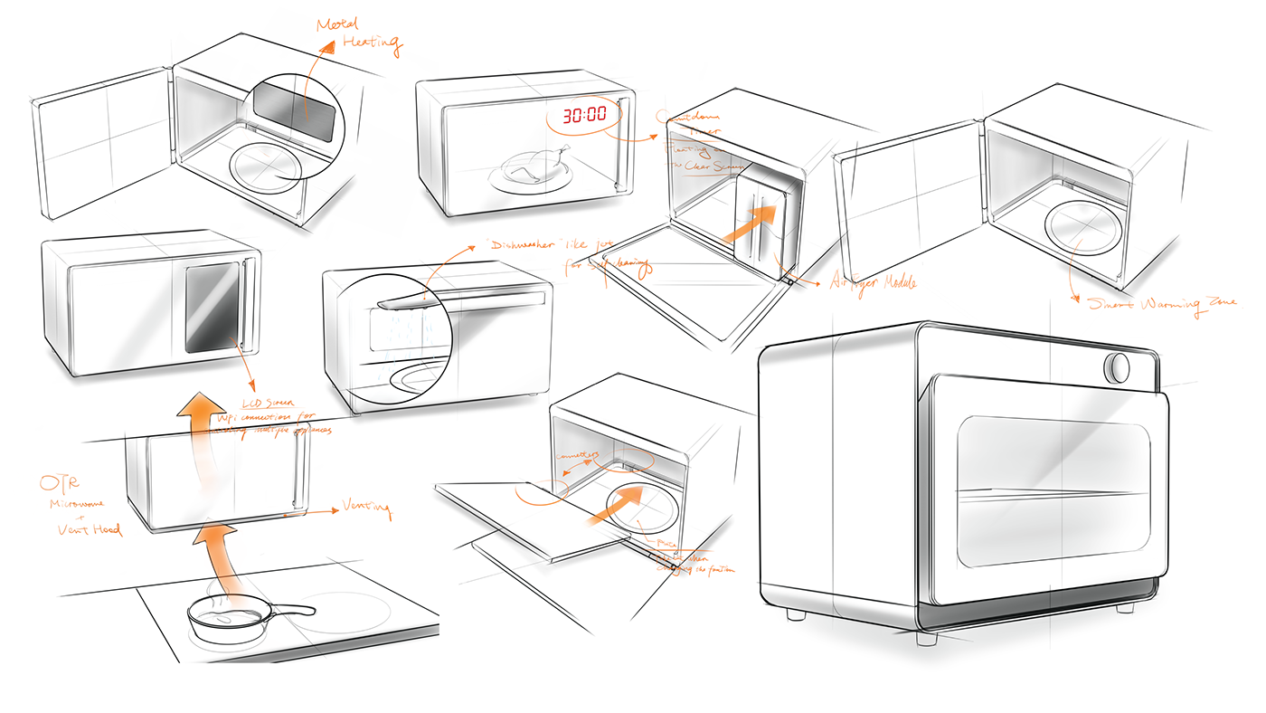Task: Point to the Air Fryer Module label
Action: pyautogui.click(x=873, y=282)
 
